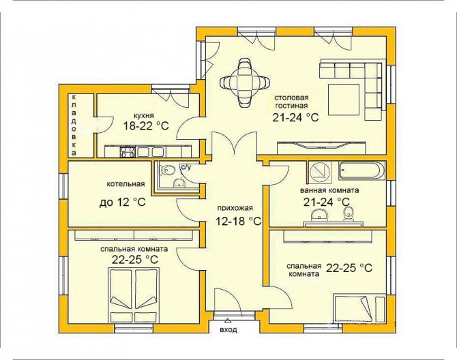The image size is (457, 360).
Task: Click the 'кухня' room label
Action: pos(143,115)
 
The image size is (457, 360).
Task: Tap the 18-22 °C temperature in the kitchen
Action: pos(146,126)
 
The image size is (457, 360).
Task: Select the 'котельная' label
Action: pos(126,184)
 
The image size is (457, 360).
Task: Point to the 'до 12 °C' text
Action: pos(122,202)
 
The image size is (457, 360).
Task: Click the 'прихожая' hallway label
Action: pos(235,208)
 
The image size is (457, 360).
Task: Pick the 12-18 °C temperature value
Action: pos(238,222)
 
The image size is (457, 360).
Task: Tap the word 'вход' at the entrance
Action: pos(228,330)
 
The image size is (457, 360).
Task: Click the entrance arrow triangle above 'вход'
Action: pos(228,321)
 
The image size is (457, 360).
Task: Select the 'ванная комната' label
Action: pos(329,190)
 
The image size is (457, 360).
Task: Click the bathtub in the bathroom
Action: pos(362,171)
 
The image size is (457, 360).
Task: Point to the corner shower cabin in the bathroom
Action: pos(319,172)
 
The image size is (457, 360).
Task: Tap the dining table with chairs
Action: pos(244,82)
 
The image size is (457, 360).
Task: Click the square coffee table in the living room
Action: pos(344,100)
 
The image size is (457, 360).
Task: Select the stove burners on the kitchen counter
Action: pos(128,152)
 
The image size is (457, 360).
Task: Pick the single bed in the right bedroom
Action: pos(359,310)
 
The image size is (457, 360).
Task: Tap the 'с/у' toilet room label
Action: pos(186,167)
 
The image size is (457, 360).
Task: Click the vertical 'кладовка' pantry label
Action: pos(74,125)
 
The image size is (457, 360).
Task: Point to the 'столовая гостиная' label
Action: pos(291,102)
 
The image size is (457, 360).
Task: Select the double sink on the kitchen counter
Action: pos(150,152)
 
